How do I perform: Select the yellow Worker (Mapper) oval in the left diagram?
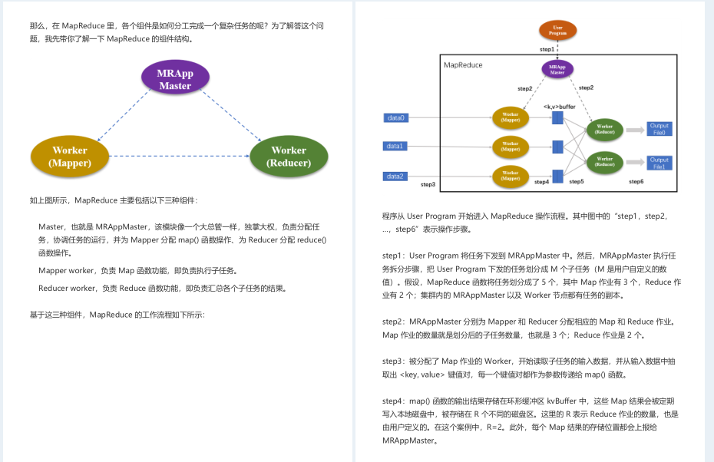70,156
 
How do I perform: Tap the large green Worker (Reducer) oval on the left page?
289,156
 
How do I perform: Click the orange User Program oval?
558,31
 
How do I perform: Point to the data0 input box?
395,117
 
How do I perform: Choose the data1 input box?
395,146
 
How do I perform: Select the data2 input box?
395,176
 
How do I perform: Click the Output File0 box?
659,129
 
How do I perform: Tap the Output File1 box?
659,162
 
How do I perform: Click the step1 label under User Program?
547,49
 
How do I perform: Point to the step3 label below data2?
428,184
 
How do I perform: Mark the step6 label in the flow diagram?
636,181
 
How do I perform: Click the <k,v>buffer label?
559,107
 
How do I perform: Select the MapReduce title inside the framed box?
464,65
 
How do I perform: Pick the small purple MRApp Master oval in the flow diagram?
557,69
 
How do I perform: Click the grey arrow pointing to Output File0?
634,130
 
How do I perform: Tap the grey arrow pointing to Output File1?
634,162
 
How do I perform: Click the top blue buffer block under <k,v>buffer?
557,117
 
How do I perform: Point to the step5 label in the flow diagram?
576,181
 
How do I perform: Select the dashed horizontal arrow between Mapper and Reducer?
179,156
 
